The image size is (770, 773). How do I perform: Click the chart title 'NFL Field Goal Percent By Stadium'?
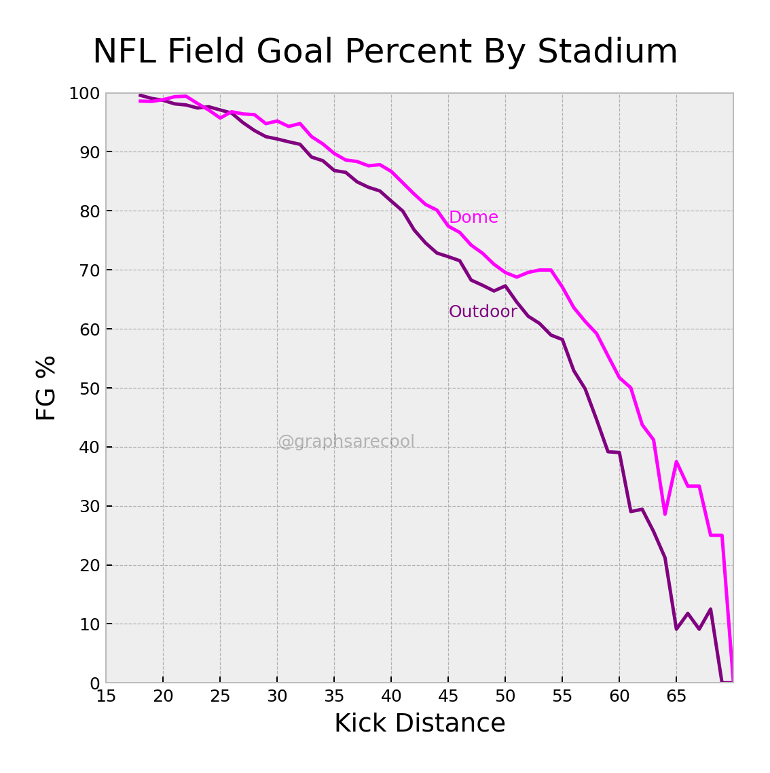point(385,52)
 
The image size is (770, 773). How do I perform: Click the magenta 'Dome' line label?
point(473,217)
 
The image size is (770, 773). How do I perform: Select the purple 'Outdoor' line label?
point(483,312)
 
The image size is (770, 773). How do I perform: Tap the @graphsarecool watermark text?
point(346,442)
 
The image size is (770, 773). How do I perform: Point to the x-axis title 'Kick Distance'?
point(420,723)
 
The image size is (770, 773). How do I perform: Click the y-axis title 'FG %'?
point(46,388)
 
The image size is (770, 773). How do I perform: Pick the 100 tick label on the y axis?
point(84,94)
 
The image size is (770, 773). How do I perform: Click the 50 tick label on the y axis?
point(89,389)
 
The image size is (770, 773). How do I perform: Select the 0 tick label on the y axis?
point(94,683)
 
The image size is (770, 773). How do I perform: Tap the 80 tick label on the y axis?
point(89,211)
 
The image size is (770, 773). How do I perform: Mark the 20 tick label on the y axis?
point(89,565)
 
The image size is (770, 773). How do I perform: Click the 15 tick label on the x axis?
point(106,697)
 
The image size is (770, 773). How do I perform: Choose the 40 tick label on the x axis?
point(391,697)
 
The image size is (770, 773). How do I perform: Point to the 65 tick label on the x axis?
point(676,697)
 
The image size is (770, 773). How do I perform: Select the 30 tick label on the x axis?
point(277,697)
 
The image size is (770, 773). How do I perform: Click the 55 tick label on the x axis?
point(562,697)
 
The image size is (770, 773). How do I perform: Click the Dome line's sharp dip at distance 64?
point(665,514)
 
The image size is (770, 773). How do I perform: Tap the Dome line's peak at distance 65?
point(676,462)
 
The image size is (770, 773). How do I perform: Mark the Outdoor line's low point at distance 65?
point(676,628)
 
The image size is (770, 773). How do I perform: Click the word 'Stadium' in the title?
point(607,52)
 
